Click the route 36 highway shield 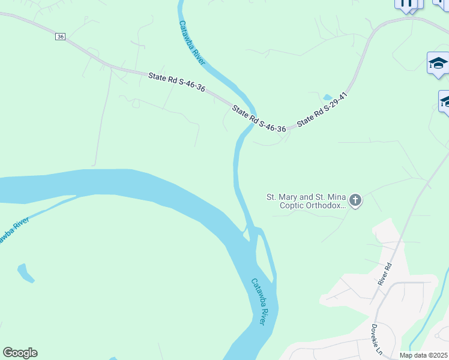tap(60, 37)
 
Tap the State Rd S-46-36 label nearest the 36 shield tap(177, 82)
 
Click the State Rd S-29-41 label tap(322, 109)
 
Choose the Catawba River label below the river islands tap(259, 302)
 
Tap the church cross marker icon tap(355, 200)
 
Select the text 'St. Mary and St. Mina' tap(306, 196)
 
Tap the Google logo tap(20, 353)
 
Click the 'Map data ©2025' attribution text tap(423, 355)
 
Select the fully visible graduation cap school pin tap(438, 64)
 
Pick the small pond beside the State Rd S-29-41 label tap(327, 97)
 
